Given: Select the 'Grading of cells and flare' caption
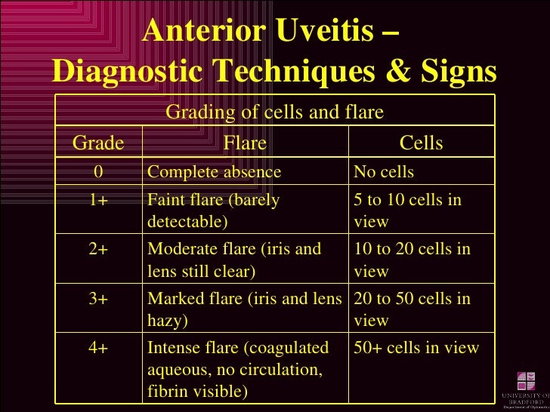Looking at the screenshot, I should pyautogui.click(x=274, y=112).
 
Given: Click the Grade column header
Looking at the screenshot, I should pyautogui.click(x=98, y=143).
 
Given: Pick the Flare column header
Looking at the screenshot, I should pyautogui.click(x=245, y=143).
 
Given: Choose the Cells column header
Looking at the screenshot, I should pyautogui.click(x=421, y=143).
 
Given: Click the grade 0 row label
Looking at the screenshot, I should pyautogui.click(x=98, y=172).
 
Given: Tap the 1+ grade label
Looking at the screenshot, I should pyautogui.click(x=98, y=201).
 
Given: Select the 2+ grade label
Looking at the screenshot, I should pyautogui.click(x=98, y=250).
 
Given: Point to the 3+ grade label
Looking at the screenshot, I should pyautogui.click(x=98, y=299).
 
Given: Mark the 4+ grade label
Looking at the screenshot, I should pyautogui.click(x=98, y=348).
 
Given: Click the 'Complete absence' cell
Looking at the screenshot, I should pyautogui.click(x=214, y=172).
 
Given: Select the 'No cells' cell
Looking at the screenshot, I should pyautogui.click(x=384, y=172).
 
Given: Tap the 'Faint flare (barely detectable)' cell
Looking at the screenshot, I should pyautogui.click(x=214, y=211).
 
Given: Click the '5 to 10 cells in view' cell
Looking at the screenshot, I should pyautogui.click(x=407, y=211).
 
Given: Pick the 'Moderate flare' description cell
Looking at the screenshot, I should pyautogui.click(x=234, y=260).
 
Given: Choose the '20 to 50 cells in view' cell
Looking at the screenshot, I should pyautogui.click(x=412, y=309).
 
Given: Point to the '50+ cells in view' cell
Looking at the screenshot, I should pyautogui.click(x=416, y=348).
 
